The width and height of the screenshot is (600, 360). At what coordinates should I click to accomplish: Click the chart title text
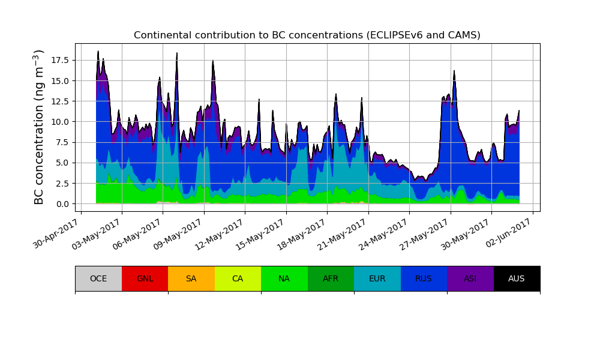[307, 35]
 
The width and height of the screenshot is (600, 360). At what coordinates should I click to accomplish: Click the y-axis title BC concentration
[39, 127]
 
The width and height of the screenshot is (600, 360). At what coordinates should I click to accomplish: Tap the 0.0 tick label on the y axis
[63, 204]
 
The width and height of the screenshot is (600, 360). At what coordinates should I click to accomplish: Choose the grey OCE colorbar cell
[98, 278]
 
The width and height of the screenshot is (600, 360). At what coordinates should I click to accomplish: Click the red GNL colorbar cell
[145, 278]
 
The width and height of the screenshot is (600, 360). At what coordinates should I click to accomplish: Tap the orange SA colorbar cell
[191, 278]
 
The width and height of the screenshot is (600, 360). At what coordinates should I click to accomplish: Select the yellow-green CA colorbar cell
[238, 278]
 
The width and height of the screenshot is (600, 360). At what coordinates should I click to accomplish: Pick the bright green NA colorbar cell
[284, 278]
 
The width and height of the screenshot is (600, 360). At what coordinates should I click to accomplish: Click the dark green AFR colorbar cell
[331, 278]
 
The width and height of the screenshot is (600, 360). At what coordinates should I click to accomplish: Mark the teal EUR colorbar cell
[377, 278]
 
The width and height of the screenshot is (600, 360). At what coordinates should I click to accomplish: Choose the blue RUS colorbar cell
[424, 278]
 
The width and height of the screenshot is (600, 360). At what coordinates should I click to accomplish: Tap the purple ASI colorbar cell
[470, 278]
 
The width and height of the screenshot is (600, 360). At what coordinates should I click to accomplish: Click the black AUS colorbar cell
[517, 278]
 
